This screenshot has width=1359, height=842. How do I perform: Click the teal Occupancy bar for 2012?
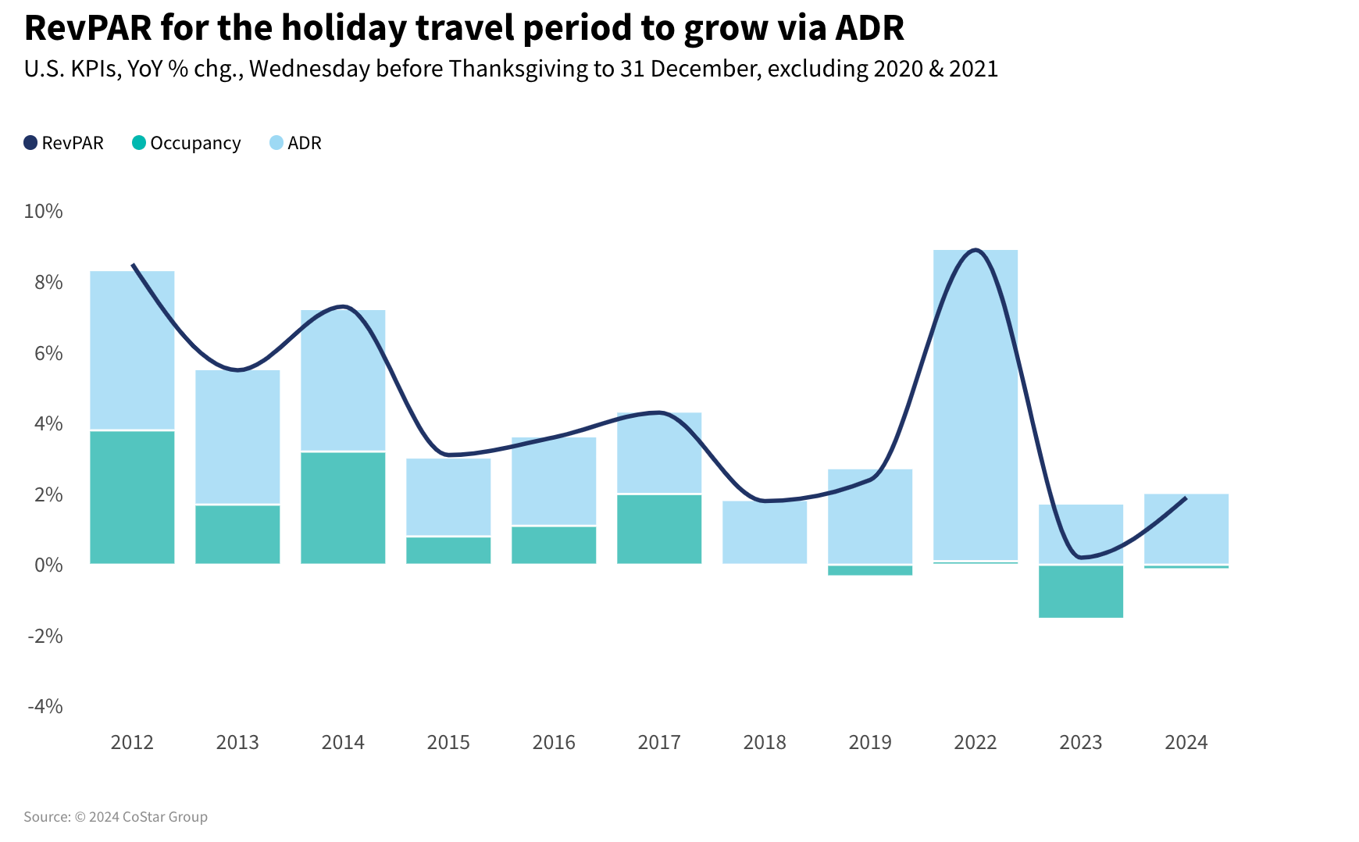132,497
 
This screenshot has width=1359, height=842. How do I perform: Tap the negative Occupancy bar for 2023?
1081,591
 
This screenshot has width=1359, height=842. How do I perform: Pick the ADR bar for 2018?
765,532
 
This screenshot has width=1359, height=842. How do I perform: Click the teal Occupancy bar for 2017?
659,529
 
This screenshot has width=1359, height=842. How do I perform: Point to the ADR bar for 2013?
237,437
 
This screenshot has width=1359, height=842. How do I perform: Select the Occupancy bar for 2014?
343,508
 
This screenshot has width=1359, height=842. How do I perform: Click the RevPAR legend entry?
64,143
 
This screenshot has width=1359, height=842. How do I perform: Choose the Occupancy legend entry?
187,143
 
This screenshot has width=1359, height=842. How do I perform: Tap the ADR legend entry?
296,143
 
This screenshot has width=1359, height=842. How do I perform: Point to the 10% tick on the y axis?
43,211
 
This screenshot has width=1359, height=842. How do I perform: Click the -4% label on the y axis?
45,706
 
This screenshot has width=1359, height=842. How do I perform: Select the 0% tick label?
48,565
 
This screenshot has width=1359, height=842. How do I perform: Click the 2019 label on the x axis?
870,742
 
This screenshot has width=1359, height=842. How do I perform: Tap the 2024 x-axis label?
1186,742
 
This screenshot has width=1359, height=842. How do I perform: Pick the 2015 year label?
448,742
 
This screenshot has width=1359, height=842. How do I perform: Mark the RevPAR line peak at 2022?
975,250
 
